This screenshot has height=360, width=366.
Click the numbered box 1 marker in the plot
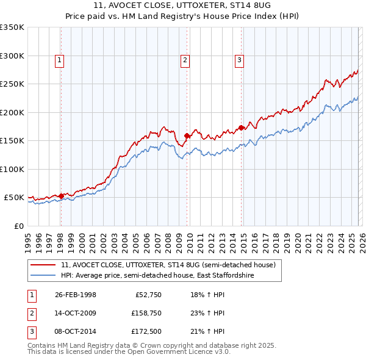point(60,60)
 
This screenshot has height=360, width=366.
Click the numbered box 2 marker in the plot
point(185,60)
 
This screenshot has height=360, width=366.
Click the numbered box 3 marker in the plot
point(239,60)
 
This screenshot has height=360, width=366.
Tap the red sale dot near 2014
point(241,128)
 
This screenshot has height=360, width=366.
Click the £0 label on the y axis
point(18,226)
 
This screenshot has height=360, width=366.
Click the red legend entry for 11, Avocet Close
point(168,265)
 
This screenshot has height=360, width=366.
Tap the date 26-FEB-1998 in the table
point(76,294)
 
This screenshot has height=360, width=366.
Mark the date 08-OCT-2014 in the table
point(76,332)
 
